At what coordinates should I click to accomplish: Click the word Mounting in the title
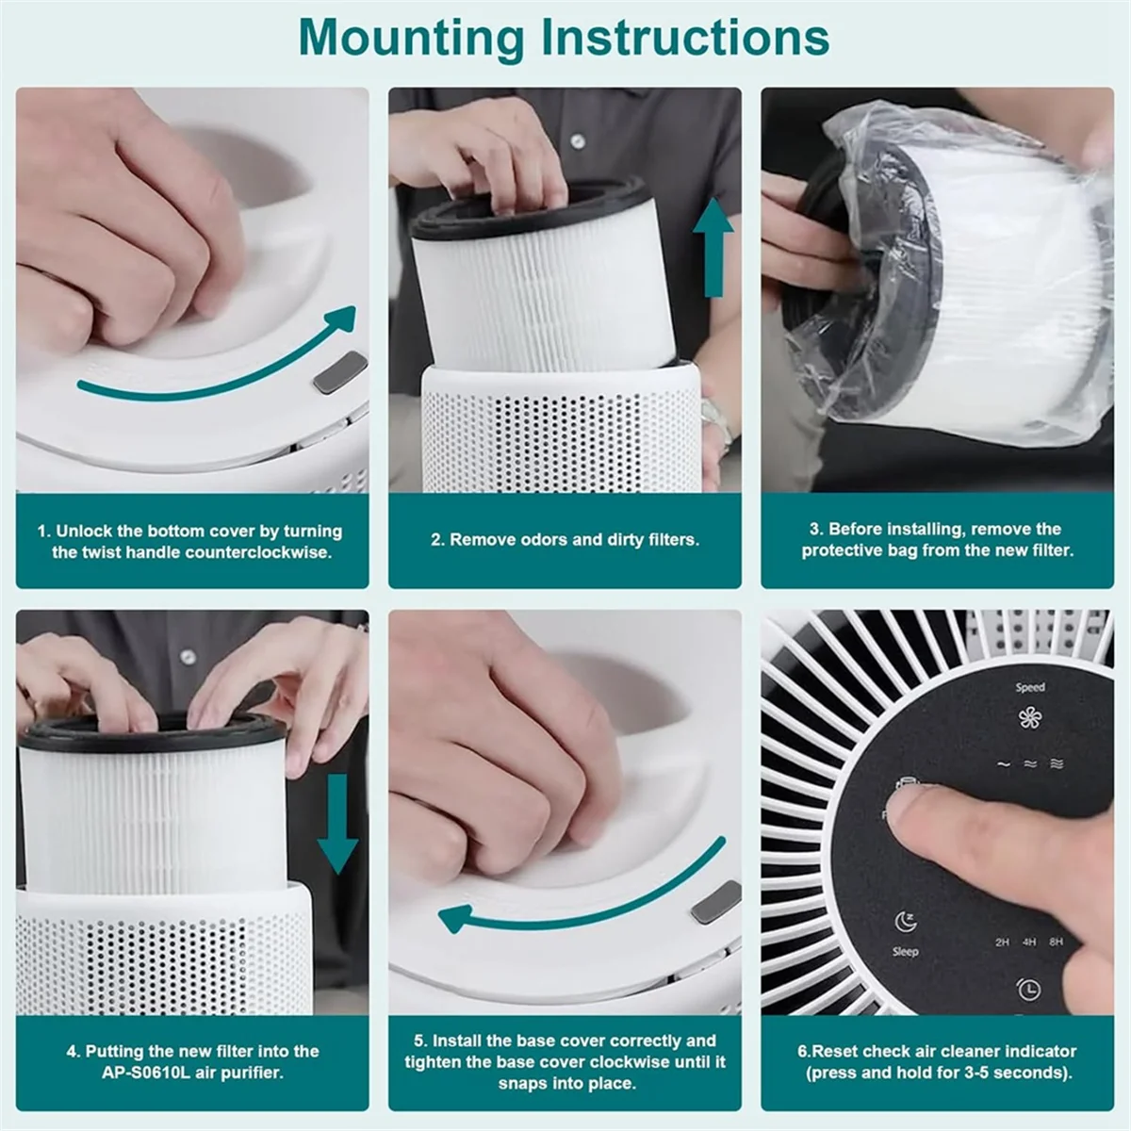click(411, 39)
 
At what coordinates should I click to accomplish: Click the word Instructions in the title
click(683, 37)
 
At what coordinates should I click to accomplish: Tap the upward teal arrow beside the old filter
click(713, 247)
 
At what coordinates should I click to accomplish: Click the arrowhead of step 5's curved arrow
click(456, 918)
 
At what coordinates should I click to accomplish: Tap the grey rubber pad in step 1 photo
click(340, 372)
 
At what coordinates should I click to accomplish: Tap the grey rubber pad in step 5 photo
click(716, 902)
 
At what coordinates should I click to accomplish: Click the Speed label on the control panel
click(1030, 687)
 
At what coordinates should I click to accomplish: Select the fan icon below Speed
click(1029, 718)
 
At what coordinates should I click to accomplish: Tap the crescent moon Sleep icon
click(905, 922)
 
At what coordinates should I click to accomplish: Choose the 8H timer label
click(1056, 942)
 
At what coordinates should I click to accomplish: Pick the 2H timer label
click(1002, 942)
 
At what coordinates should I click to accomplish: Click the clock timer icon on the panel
click(1027, 989)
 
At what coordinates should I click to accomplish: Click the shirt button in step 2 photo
click(578, 140)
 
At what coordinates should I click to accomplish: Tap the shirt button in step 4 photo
click(188, 656)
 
